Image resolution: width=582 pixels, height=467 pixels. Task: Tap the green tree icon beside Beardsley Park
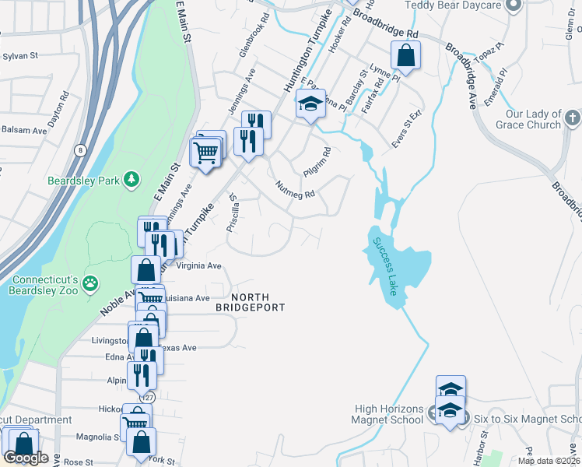(x=133, y=181)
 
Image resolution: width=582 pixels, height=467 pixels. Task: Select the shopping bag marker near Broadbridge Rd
(x=405, y=55)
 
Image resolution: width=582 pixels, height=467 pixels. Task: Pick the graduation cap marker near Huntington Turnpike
(x=310, y=104)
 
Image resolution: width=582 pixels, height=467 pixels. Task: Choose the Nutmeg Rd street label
(x=296, y=189)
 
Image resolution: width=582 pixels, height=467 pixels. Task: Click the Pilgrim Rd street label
(x=317, y=161)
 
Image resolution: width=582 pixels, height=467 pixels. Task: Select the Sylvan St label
(x=20, y=56)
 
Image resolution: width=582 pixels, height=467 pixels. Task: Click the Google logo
(x=26, y=458)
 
